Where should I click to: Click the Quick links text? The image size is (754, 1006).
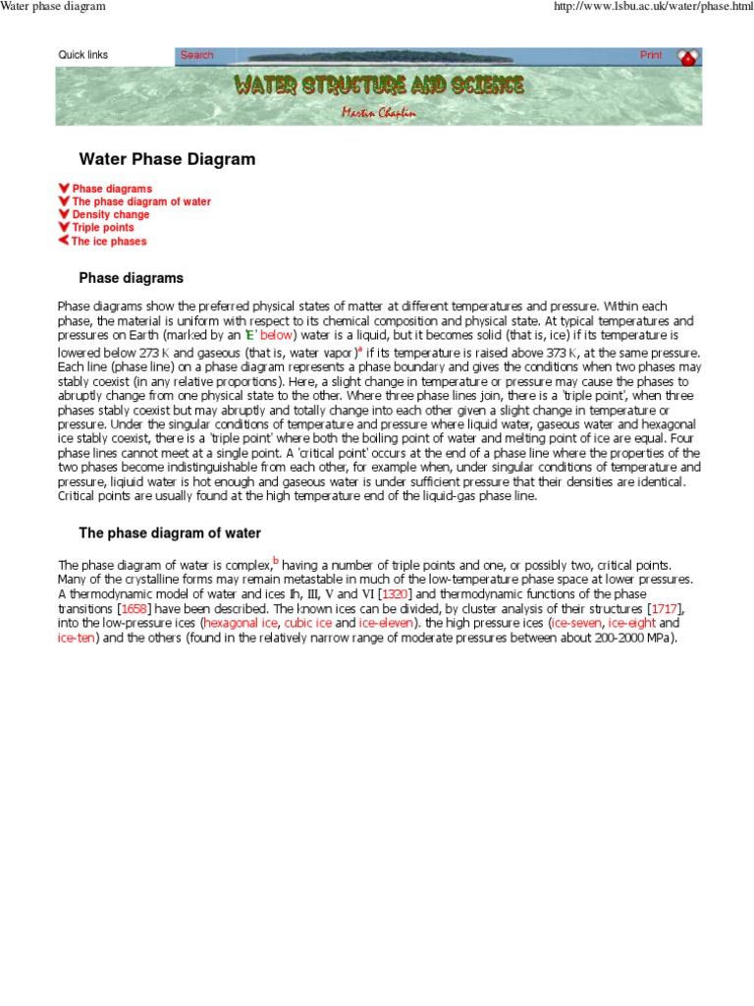pyautogui.click(x=83, y=55)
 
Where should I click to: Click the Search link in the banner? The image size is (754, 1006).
pyautogui.click(x=196, y=55)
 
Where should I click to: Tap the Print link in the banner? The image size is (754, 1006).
pyautogui.click(x=651, y=55)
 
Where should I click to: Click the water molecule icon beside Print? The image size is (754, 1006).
pyautogui.click(x=688, y=58)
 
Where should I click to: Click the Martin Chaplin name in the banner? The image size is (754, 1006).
pyautogui.click(x=378, y=112)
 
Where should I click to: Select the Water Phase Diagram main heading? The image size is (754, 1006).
pyautogui.click(x=167, y=158)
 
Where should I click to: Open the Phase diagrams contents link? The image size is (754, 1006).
pyautogui.click(x=112, y=189)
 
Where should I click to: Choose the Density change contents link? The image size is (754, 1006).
pyautogui.click(x=111, y=214)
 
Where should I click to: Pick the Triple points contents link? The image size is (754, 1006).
pyautogui.click(x=103, y=227)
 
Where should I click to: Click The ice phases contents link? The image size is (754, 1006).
pyautogui.click(x=109, y=241)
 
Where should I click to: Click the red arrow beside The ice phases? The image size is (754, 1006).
pyautogui.click(x=64, y=241)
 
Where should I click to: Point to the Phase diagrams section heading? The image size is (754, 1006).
pyautogui.click(x=131, y=278)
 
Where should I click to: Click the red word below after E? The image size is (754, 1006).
pyautogui.click(x=276, y=335)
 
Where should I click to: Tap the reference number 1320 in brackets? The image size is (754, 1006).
pyautogui.click(x=396, y=594)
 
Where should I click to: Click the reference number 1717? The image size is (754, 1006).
pyautogui.click(x=666, y=609)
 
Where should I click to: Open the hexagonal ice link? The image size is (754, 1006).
pyautogui.click(x=240, y=623)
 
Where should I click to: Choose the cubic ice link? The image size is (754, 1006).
pyautogui.click(x=308, y=623)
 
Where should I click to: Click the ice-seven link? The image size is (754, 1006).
pyautogui.click(x=576, y=623)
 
